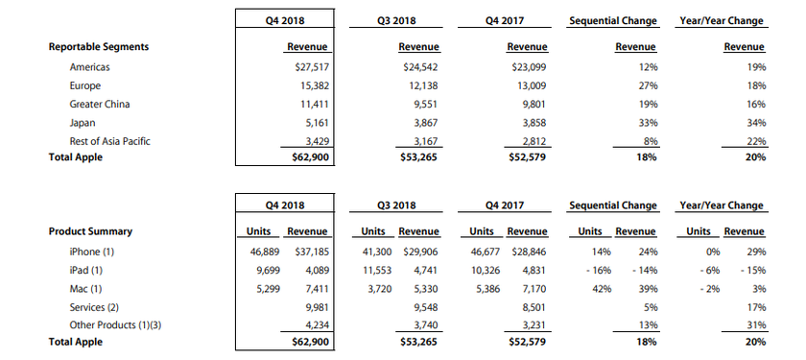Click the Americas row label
point(91,67)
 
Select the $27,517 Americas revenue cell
point(307,67)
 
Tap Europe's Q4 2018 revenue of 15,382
point(310,85)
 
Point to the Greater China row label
point(100,104)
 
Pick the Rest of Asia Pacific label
point(110,141)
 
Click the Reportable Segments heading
point(99,46)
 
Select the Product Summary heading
point(90,231)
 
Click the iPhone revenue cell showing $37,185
point(307,252)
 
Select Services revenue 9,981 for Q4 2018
point(313,307)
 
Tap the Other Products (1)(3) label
point(118,325)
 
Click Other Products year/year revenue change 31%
point(755,325)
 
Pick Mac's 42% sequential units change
point(590,288)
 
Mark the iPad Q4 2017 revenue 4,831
point(531,270)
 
